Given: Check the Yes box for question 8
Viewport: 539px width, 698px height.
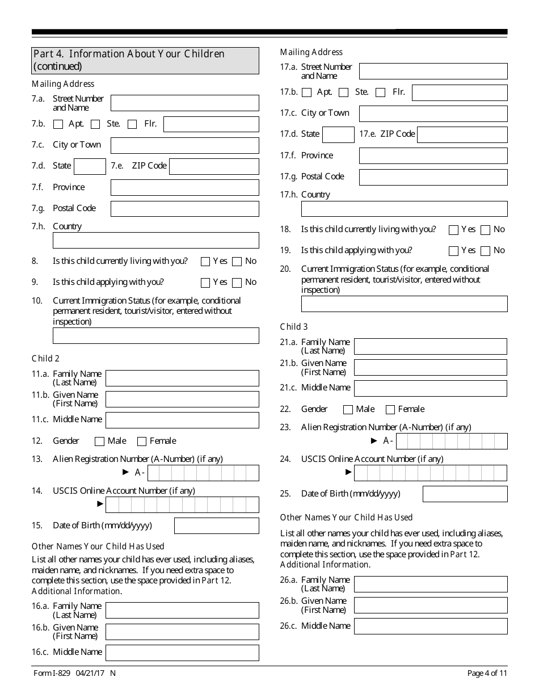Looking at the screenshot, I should click(x=205, y=262).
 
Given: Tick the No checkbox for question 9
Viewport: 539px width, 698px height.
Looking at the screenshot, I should click(x=237, y=283).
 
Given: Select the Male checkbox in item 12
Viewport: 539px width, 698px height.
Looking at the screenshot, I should click(x=100, y=441).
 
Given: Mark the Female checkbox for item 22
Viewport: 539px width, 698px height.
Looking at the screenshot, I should click(x=390, y=410).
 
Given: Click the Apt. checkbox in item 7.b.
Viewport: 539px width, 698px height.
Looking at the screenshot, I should click(x=58, y=124).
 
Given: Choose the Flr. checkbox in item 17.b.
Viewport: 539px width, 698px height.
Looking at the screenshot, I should click(x=381, y=92).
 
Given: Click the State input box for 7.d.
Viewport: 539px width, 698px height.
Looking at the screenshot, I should click(x=90, y=166).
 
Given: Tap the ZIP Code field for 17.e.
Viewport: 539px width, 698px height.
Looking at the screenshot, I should click(x=462, y=134).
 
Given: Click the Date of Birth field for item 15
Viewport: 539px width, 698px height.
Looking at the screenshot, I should click(x=216, y=525).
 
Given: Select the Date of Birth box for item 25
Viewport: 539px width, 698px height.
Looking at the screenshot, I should click(x=465, y=494).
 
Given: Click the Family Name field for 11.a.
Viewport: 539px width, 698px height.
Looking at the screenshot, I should click(x=182, y=378).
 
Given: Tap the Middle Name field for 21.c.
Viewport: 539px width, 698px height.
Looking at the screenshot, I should click(x=430, y=388).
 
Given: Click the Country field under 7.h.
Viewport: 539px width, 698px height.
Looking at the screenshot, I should click(x=155, y=241).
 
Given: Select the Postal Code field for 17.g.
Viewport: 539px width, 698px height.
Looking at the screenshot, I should click(x=433, y=177).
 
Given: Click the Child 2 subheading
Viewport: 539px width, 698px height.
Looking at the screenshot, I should click(x=45, y=359).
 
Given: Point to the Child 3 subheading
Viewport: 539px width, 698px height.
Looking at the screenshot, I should click(x=294, y=327).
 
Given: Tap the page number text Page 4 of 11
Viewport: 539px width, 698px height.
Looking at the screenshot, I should click(x=487, y=673).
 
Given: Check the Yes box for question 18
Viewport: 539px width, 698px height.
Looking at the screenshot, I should click(x=453, y=230).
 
